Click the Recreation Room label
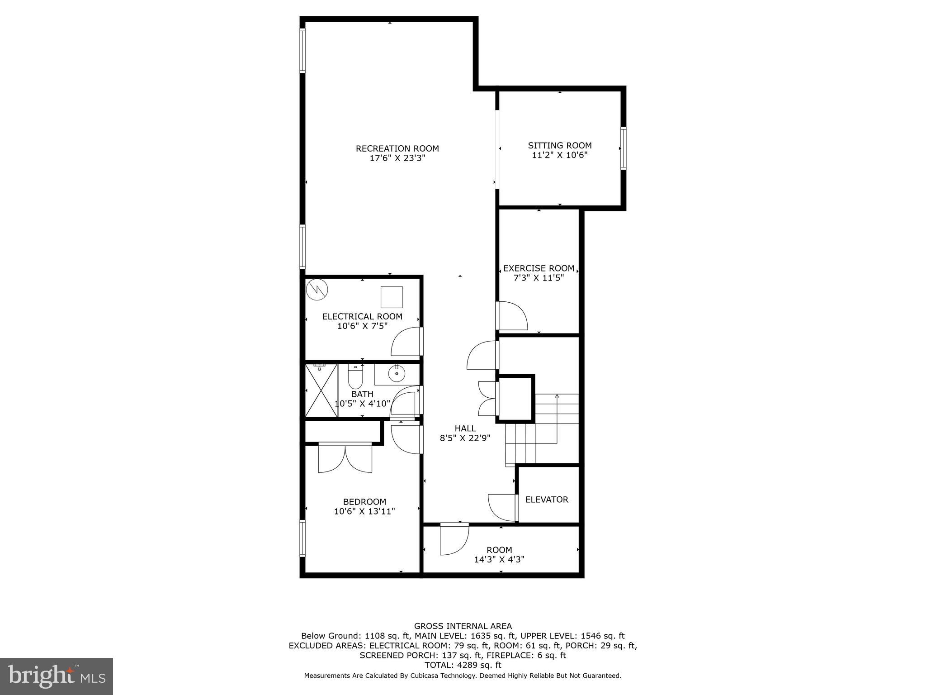(397, 148)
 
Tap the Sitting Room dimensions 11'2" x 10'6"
(560, 155)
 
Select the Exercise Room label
(539, 268)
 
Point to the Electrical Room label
(362, 317)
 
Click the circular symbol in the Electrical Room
(317, 290)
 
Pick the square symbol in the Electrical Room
(391, 297)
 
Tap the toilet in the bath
(355, 377)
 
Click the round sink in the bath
(397, 374)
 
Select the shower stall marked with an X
(321, 390)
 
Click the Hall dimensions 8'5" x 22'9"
(465, 438)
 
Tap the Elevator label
(547, 500)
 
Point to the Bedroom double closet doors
(345, 458)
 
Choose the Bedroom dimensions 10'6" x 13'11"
(364, 512)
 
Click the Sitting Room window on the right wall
(623, 148)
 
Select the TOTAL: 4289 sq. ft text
(463, 665)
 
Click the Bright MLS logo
(57, 676)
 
